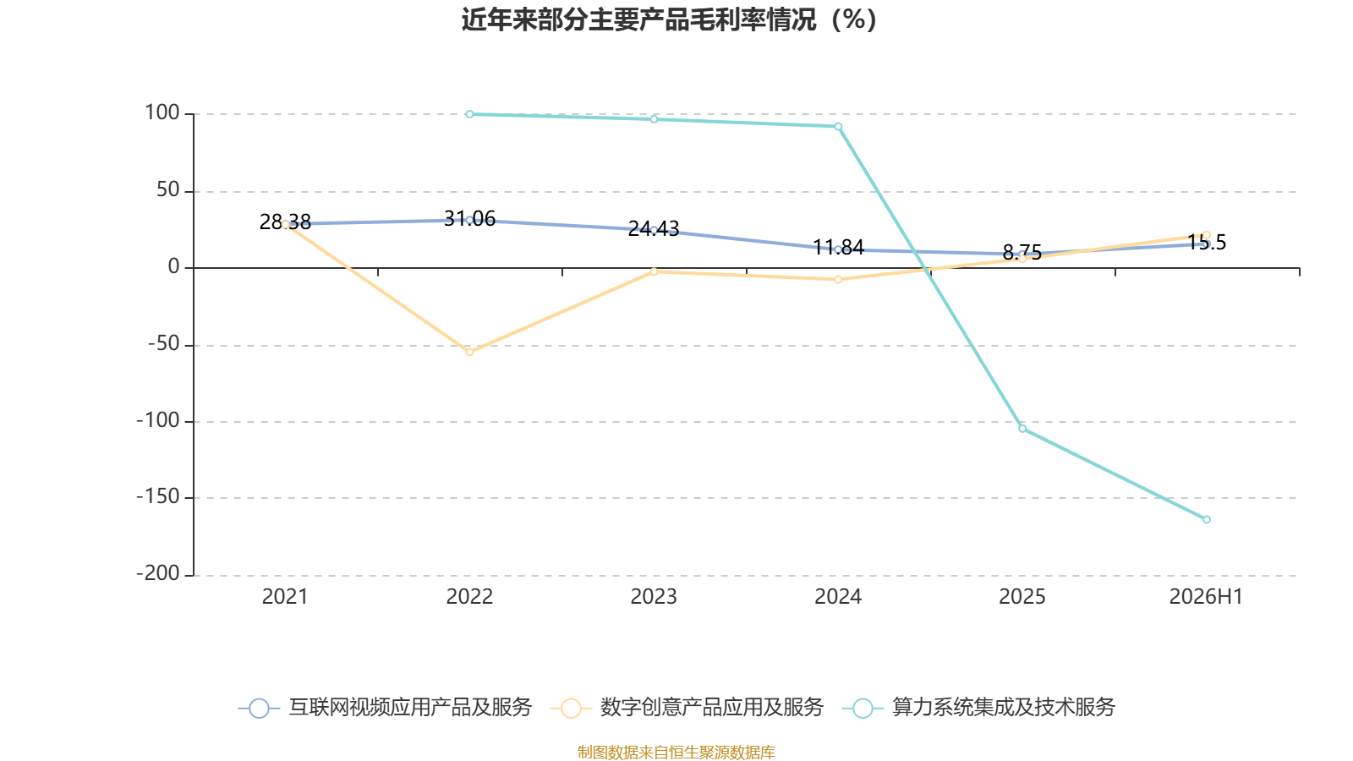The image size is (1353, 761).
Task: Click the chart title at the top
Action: tap(669, 20)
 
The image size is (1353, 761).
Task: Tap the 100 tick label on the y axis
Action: tap(162, 113)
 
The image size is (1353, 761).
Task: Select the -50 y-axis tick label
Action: tap(164, 344)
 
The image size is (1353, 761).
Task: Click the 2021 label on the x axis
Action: tap(285, 597)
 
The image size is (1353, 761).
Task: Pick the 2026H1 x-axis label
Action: tap(1206, 597)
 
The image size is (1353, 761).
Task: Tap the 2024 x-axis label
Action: tap(838, 597)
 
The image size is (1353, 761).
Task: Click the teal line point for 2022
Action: tap(469, 114)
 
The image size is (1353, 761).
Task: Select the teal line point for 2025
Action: tap(1022, 429)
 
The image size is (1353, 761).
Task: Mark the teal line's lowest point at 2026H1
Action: tap(1206, 519)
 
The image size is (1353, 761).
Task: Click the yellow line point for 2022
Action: tap(469, 352)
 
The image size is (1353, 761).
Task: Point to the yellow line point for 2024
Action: tap(838, 280)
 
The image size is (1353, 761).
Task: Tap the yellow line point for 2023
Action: tap(654, 271)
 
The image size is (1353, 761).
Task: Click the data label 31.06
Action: tap(469, 219)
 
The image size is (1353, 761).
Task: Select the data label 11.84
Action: tap(838, 248)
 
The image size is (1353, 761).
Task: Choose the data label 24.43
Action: tap(654, 229)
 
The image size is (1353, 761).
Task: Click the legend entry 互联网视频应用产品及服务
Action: tap(385, 707)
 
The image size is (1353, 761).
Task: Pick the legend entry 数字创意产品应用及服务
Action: tap(687, 707)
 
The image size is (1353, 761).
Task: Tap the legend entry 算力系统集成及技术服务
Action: tap(978, 707)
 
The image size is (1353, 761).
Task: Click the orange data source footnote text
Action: tap(676, 752)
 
